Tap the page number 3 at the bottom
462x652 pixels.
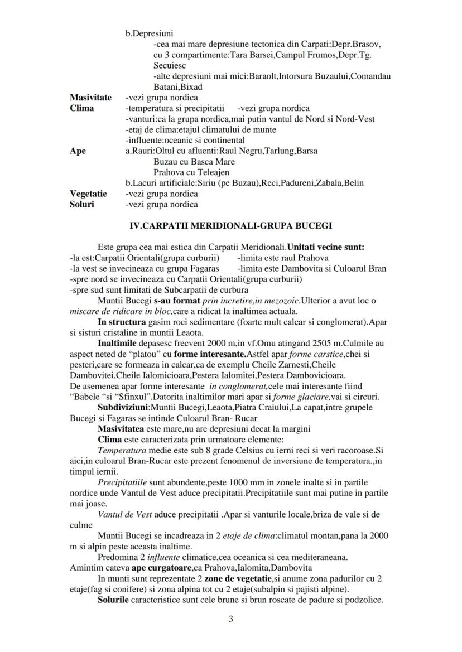[x=230, y=619]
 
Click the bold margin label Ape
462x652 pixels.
[x=78, y=151]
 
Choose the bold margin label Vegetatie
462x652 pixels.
[x=88, y=194]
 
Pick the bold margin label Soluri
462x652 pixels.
[x=82, y=204]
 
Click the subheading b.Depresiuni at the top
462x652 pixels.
[x=149, y=33]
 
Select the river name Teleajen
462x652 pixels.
[x=210, y=172]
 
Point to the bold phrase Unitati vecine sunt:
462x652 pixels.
[x=326, y=247]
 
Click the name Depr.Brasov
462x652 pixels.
[x=361, y=44]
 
